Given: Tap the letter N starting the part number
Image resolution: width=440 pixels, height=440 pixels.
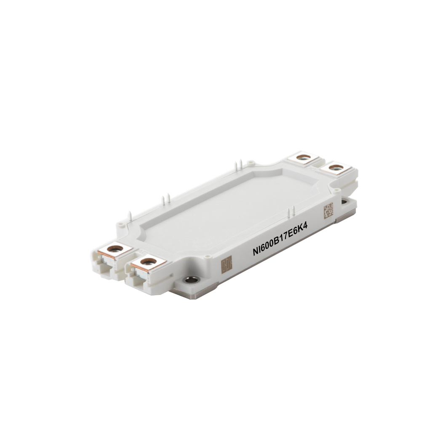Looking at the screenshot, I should point(255,252).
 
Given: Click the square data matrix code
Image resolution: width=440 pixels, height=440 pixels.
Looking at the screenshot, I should point(328,210).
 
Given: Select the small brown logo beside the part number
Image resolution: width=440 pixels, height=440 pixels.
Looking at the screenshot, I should point(226,264).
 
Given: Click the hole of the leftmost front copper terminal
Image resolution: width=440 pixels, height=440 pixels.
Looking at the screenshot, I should point(112,249).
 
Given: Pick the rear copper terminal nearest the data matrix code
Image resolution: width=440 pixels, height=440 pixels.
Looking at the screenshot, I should point(336,168).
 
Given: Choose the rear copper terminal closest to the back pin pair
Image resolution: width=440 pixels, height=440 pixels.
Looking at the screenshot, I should point(303,157).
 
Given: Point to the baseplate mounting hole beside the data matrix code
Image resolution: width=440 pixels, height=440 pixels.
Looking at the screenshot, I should point(344,202).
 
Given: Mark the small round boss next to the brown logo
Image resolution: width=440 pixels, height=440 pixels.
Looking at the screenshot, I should point(206,256).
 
